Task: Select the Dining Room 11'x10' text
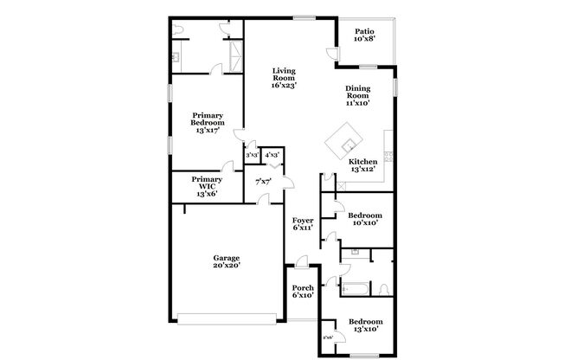(358, 95)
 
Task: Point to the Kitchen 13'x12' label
(362, 165)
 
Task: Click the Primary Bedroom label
(207, 121)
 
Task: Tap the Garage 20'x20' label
(227, 262)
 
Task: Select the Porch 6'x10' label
(302, 291)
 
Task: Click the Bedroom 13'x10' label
(364, 325)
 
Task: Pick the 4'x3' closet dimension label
(272, 155)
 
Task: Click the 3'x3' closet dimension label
(253, 155)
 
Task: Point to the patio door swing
(332, 55)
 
